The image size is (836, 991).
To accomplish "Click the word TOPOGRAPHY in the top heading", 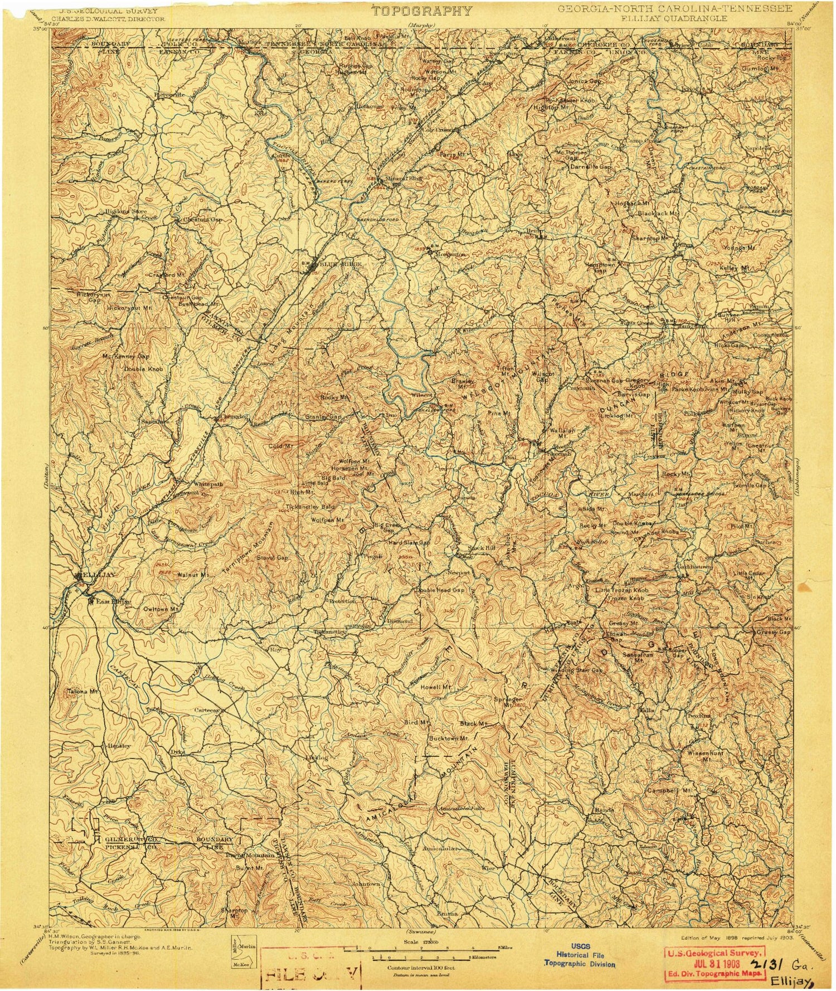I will coord(422,11).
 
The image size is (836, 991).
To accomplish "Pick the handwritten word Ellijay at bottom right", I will coord(787,980).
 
